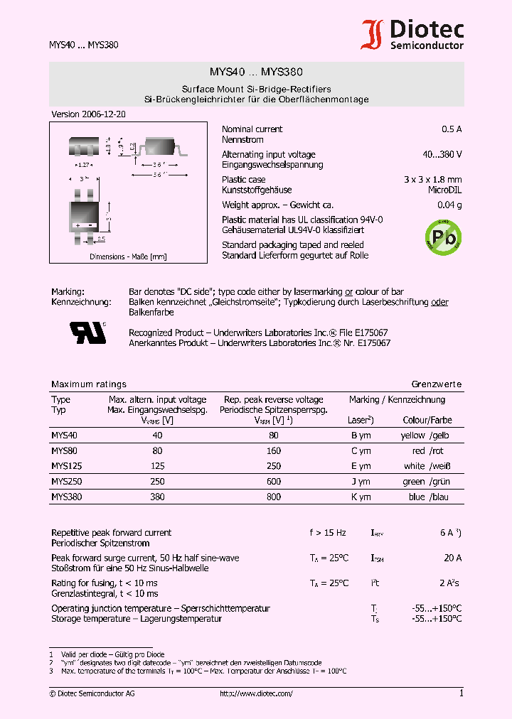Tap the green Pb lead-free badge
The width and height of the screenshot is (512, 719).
pyautogui.click(x=442, y=237)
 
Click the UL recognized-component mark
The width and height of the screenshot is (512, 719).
pyautogui.click(x=87, y=332)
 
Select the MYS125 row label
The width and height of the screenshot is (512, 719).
pyautogui.click(x=65, y=466)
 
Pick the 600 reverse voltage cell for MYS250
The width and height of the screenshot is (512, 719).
pyautogui.click(x=273, y=482)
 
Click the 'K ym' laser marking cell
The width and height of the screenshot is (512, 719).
pyautogui.click(x=361, y=497)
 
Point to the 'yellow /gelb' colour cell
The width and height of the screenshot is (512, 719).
pyautogui.click(x=426, y=436)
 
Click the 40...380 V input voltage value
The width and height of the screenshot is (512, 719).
pyautogui.click(x=442, y=154)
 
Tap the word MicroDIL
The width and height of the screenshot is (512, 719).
pyautogui.click(x=444, y=190)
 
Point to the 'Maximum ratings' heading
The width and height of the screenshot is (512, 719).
pyautogui.click(x=89, y=384)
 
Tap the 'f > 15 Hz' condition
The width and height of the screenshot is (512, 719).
pyautogui.click(x=328, y=533)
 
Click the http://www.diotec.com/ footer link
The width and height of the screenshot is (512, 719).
pyautogui.click(x=256, y=693)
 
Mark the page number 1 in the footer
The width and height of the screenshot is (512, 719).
pyautogui.click(x=461, y=693)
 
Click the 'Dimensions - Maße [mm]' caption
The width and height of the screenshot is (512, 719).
pyautogui.click(x=128, y=256)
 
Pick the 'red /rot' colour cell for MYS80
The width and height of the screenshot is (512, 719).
pyautogui.click(x=428, y=451)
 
